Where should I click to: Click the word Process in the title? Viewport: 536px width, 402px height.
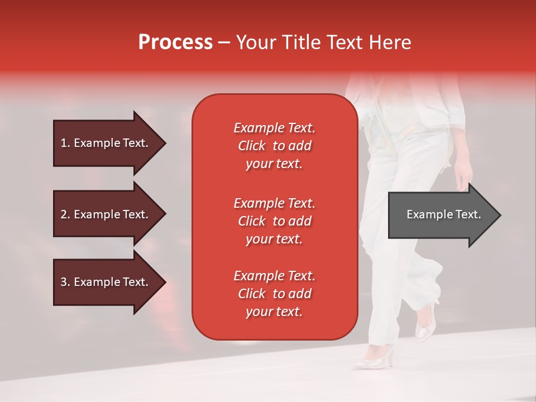click(175, 42)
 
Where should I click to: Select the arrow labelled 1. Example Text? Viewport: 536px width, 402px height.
click(106, 143)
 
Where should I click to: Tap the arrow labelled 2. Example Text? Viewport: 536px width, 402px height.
click(106, 214)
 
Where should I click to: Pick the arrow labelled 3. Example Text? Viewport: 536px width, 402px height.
click(106, 282)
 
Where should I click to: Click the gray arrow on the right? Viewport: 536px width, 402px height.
click(441, 215)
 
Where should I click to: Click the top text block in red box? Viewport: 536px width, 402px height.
click(274, 146)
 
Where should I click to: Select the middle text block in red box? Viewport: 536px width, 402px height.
click(274, 221)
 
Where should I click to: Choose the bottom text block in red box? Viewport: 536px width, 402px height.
click(274, 294)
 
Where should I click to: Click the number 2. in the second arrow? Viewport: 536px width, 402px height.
click(65, 214)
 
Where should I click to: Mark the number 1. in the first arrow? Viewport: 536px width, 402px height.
click(65, 143)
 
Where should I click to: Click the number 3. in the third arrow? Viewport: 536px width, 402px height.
click(65, 282)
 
